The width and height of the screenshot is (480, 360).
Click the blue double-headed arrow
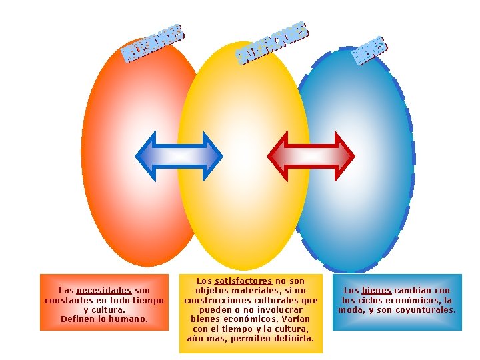pos(179,156)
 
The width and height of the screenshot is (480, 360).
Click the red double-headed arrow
pos(311,156)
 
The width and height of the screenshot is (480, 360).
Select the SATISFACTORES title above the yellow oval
pos(273,43)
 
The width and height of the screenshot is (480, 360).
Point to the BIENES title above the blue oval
pos(369,51)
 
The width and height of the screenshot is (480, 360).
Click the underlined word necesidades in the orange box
pos(104,291)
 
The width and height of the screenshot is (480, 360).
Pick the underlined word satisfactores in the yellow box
pos(243,281)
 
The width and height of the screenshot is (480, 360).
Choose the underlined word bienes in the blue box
pos(377,291)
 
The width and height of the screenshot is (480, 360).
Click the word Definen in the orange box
pos(78,319)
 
